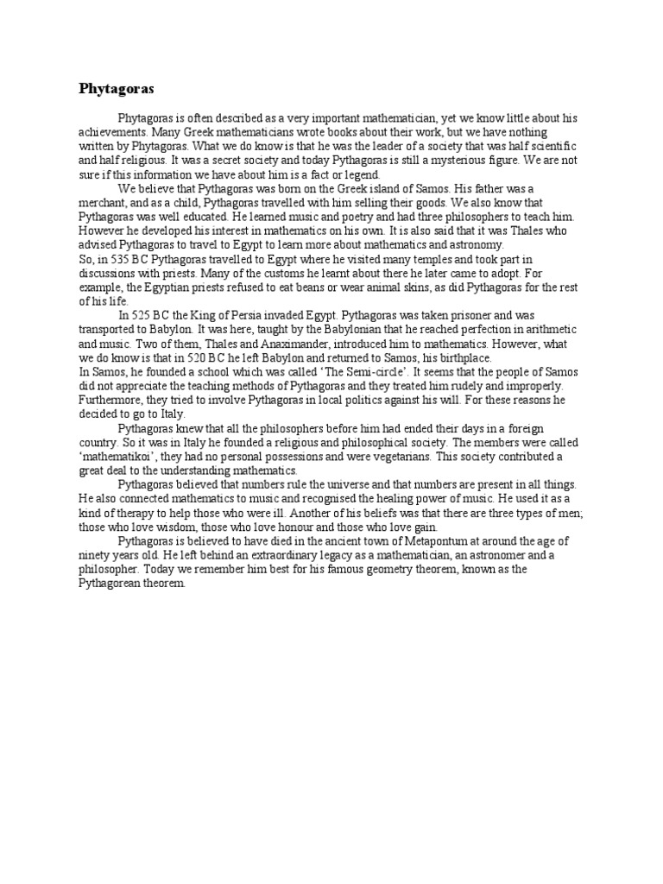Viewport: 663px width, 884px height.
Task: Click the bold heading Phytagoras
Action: point(116,88)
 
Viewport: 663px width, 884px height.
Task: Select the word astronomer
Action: point(461,555)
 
